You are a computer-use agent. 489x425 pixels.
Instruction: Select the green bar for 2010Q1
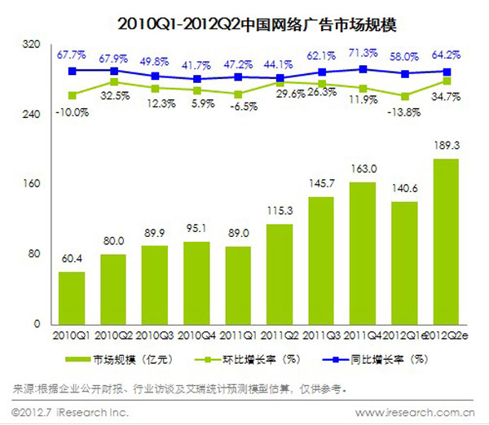(x=72, y=298)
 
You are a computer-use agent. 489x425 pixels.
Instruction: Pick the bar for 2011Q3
(x=320, y=261)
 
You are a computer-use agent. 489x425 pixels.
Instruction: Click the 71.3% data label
(x=363, y=54)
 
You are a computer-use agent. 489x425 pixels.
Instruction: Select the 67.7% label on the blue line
(x=72, y=55)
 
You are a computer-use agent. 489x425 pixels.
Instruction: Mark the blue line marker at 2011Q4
(x=363, y=69)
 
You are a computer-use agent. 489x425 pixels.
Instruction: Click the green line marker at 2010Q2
(x=113, y=81)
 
